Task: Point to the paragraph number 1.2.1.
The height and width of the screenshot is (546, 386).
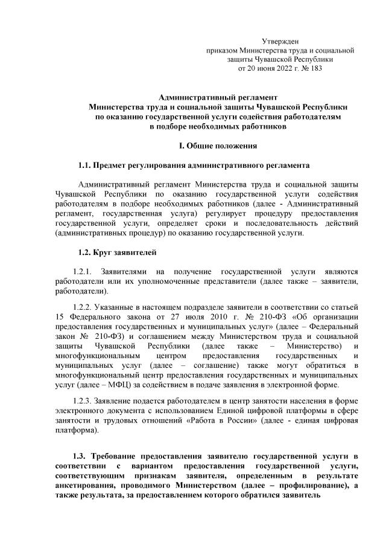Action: pos(83,272)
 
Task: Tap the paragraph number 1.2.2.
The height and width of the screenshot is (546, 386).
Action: pos(83,306)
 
